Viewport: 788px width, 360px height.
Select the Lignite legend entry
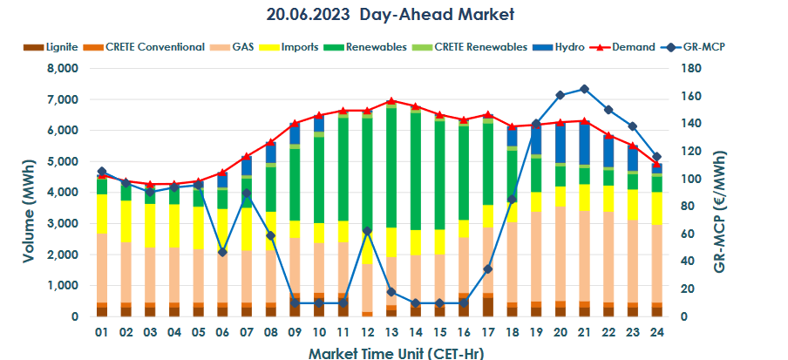pos(56,46)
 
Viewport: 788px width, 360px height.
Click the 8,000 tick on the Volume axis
pos(62,69)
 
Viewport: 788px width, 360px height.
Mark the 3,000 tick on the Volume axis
pos(62,224)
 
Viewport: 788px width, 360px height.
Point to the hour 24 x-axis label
pos(656,333)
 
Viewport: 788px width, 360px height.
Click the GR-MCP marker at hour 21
pos(583,89)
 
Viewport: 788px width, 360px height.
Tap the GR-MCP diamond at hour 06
pos(222,252)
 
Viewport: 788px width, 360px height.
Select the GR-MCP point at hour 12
pos(367,231)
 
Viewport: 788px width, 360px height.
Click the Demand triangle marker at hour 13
pos(391,101)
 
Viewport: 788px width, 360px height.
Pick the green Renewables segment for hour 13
pos(391,166)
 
